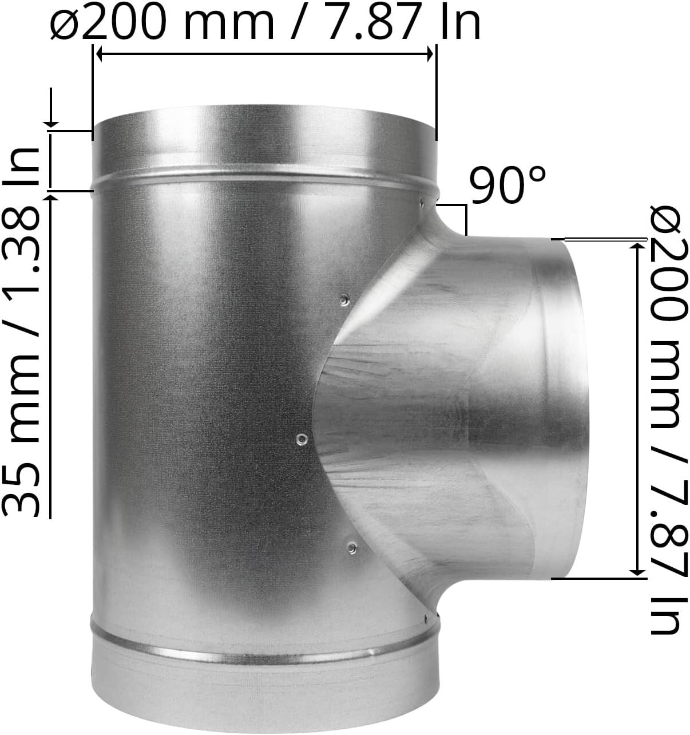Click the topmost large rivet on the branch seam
(x=344, y=299)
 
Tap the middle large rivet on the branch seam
(x=302, y=439)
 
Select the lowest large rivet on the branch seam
(x=350, y=548)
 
